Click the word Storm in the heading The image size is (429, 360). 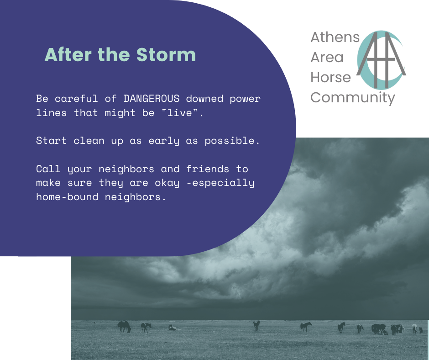[166, 54]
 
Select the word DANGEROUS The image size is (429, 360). [152, 98]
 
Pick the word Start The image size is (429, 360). [51, 141]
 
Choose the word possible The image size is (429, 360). [232, 141]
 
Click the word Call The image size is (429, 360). [48, 169]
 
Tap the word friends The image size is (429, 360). [208, 169]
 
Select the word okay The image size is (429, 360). [167, 183]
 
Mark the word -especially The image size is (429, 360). [220, 183]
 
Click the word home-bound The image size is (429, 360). [67, 197]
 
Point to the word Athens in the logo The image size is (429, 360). [335, 37]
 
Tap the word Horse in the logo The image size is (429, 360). [330, 77]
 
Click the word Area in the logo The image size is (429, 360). [327, 57]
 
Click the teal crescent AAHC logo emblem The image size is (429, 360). [381, 60]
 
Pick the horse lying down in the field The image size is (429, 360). [172, 328]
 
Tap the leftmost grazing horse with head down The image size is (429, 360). [124, 327]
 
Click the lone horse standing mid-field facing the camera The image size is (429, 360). [256, 325]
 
